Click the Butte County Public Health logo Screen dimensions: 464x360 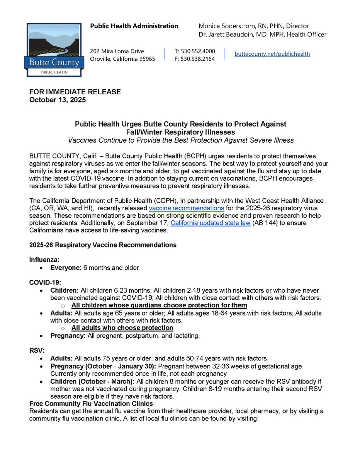click(x=53, y=49)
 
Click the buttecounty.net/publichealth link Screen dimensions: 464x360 click(x=272, y=54)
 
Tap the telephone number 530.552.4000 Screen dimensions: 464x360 click(x=195, y=51)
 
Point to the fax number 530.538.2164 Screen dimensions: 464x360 click(x=195, y=59)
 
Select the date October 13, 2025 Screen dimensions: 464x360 click(x=58, y=100)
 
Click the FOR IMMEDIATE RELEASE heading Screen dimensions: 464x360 click(x=75, y=92)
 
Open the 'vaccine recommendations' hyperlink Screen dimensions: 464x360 click(x=187, y=208)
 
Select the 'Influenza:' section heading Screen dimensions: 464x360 click(x=44, y=260)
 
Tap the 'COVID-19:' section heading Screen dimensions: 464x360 click(x=45, y=283)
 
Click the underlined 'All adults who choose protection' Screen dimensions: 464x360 click(x=122, y=328)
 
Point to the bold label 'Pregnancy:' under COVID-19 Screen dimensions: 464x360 click(x=68, y=336)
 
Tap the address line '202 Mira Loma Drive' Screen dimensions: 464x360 click(x=117, y=51)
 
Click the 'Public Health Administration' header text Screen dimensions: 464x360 click(x=134, y=26)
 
